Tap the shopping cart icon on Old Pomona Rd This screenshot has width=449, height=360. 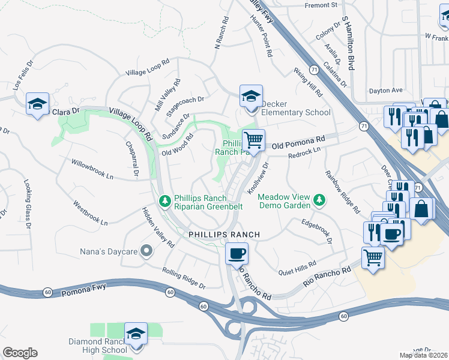pos(254,140)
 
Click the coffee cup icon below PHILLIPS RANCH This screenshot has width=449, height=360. pos(237,253)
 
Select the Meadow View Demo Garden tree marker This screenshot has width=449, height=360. pos(320,199)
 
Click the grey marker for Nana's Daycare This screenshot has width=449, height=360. pos(146,251)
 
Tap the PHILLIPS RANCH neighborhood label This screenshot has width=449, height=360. pos(224,234)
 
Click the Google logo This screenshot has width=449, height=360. pos(20,353)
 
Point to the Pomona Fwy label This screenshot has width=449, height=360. pos(83,290)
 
